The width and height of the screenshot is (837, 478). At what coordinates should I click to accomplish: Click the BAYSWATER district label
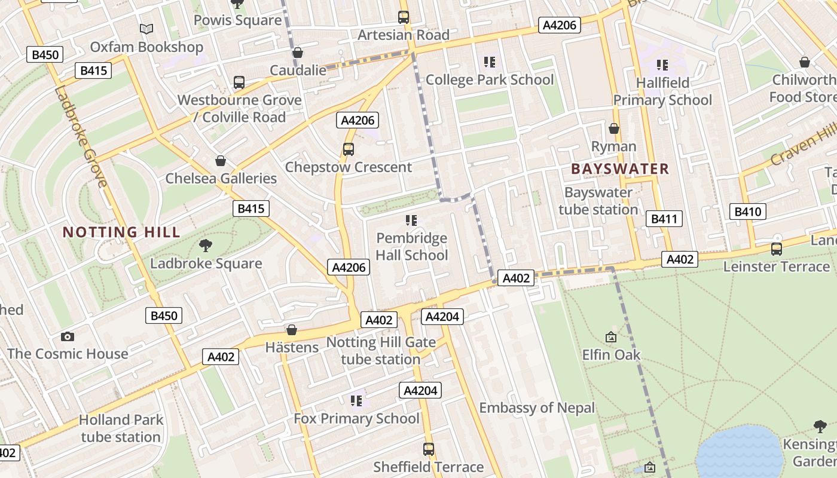point(620,169)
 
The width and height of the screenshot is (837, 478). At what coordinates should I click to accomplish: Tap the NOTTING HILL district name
point(121,232)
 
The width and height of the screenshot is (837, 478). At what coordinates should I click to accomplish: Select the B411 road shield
point(664,219)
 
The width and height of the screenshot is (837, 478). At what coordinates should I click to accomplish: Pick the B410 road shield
point(747,211)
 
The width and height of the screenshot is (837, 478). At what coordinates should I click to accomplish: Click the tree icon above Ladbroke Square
point(206,244)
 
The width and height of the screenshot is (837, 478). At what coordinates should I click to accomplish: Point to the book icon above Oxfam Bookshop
point(146,29)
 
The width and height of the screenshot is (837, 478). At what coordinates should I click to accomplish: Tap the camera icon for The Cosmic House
point(68,336)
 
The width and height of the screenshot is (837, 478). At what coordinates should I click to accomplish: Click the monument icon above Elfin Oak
point(611,338)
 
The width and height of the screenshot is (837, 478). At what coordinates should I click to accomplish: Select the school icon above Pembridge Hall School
point(411,220)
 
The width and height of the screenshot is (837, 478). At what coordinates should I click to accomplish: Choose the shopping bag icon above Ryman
point(613,128)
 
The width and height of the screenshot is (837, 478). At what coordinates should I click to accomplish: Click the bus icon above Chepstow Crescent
point(348,149)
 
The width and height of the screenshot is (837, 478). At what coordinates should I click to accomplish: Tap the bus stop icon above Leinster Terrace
point(776,249)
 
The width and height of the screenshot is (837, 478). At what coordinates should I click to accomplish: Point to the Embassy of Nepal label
point(537,408)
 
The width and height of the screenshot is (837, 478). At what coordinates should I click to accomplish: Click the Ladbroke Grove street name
point(81,137)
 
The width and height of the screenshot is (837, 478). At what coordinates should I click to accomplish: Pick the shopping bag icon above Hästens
point(292,330)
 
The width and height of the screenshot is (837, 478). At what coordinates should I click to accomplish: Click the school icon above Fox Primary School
point(356,400)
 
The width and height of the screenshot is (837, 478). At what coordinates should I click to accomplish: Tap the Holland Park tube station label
point(121,428)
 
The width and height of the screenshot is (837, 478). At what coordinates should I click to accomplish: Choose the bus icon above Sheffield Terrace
point(428,449)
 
